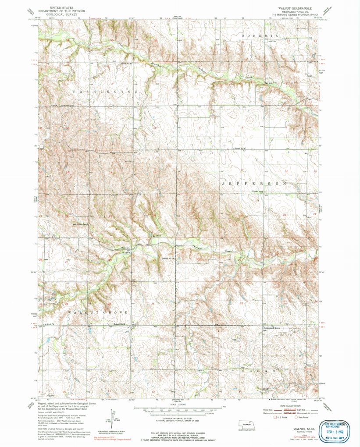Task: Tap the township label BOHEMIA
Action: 260,35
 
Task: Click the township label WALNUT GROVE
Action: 97,312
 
